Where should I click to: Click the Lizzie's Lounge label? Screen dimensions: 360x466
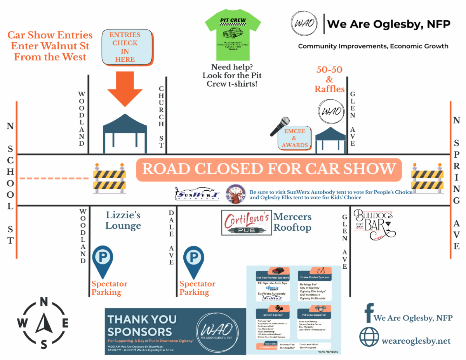coord(123,221)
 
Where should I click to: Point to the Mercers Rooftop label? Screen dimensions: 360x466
coord(292,222)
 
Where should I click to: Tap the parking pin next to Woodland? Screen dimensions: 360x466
coord(103,261)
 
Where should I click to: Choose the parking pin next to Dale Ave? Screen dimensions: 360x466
coord(193,261)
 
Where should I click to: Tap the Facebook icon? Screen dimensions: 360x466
coord(369,313)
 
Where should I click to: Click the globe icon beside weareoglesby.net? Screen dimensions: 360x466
coord(369,337)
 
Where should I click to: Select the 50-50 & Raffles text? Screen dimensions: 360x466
coord(329,80)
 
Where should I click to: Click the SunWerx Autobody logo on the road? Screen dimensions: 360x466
coord(197,193)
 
